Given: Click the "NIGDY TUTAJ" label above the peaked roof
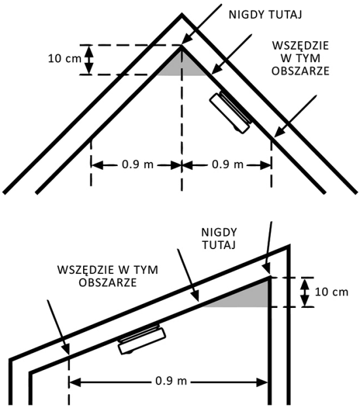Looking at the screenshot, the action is click(x=265, y=15).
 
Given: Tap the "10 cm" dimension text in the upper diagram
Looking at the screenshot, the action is click(x=65, y=59).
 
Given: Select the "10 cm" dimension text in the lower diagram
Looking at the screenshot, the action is click(x=331, y=292).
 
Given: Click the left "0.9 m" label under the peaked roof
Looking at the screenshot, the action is click(x=137, y=165).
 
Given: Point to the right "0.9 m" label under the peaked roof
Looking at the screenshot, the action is click(x=227, y=165).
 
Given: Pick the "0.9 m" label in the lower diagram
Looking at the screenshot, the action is click(x=171, y=381).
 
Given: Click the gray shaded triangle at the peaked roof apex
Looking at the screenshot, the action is click(x=182, y=65).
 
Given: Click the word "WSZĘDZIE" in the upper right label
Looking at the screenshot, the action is click(x=300, y=46).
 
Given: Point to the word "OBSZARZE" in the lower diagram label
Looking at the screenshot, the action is click(x=107, y=282).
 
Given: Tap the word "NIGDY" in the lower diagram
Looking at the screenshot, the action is click(x=219, y=232).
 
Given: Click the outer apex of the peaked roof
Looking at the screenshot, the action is click(x=182, y=14).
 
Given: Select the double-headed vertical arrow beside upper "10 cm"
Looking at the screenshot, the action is click(x=90, y=60).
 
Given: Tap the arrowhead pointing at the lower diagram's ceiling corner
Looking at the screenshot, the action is click(x=267, y=269).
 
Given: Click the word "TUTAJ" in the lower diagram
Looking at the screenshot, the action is click(x=219, y=245).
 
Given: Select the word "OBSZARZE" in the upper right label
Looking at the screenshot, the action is click(x=300, y=71).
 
